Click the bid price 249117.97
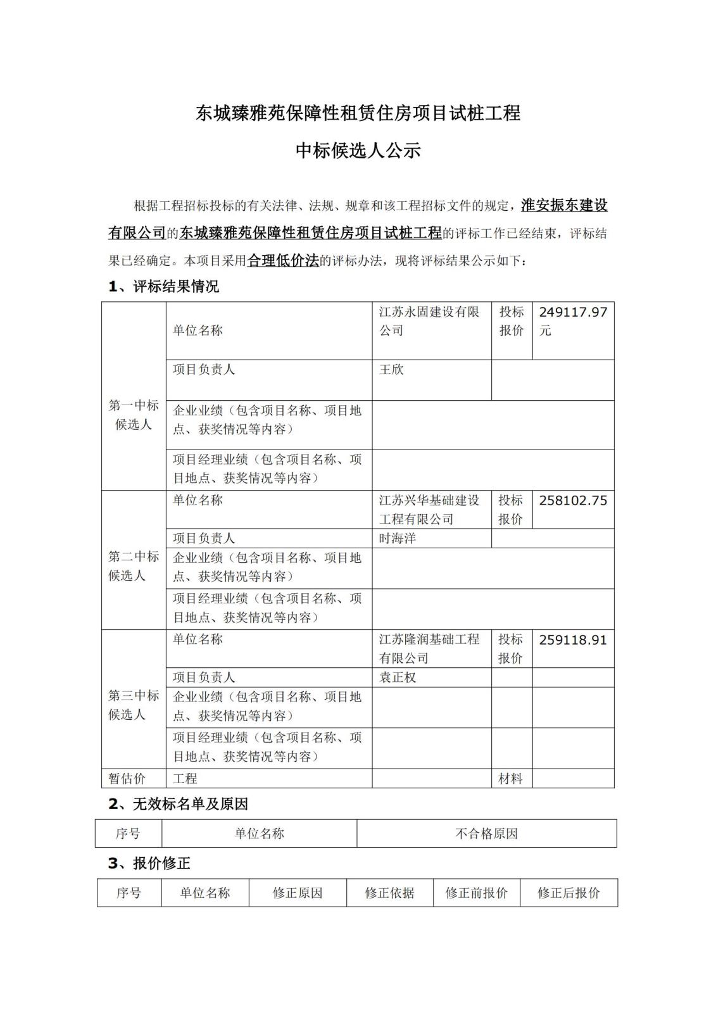pos(573,312)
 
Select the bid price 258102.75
pos(573,501)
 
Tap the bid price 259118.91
pos(573,640)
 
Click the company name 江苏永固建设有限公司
pos(429,321)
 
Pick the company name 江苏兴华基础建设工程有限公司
pos(429,510)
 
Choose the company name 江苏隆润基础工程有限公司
pos(429,649)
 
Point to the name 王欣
pos(391,370)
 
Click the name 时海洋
pos(398,539)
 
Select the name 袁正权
pos(398,677)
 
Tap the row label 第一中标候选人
pos(134,415)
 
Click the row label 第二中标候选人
pos(134,566)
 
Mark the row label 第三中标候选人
pos(134,705)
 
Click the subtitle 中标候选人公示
pos(358,151)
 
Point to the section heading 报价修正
pos(161,863)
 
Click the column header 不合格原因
pos(486,834)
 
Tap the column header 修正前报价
pos(476,893)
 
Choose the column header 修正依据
pos(389,893)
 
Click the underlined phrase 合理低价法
pos(283,260)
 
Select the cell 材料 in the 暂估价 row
pos(510,779)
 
